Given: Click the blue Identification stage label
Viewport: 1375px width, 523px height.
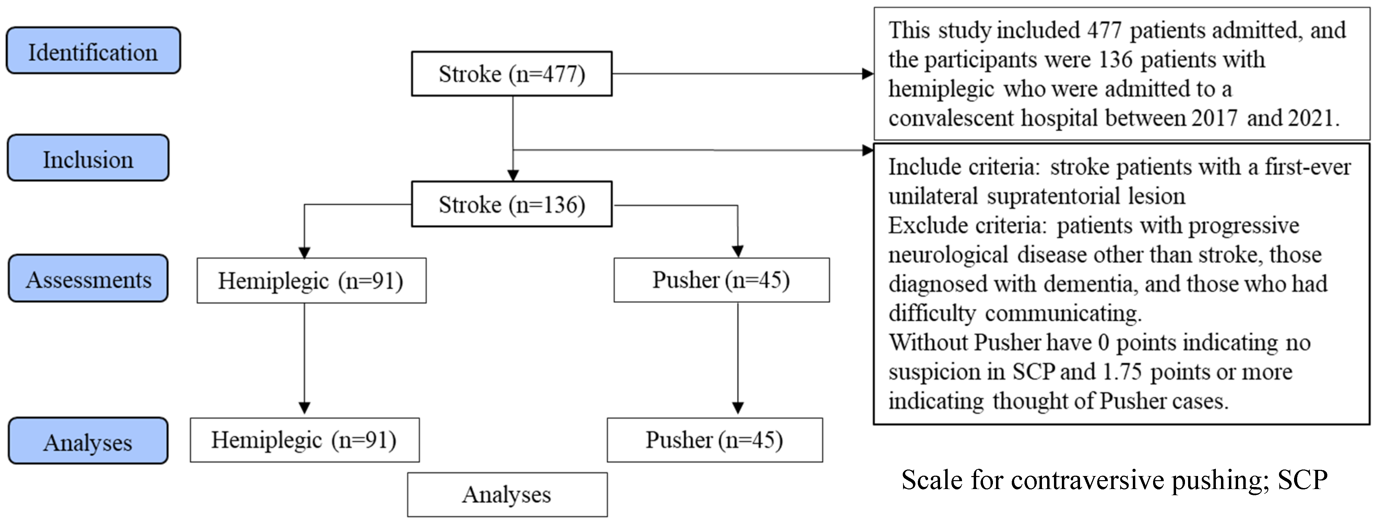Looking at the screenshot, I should [93, 51].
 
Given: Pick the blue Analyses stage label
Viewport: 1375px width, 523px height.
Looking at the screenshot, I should [88, 441].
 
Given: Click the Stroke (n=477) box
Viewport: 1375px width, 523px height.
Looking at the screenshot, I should [511, 74].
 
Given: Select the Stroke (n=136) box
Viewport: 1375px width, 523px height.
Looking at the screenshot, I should [511, 204].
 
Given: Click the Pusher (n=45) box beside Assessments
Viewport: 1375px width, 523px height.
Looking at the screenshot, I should [721, 280].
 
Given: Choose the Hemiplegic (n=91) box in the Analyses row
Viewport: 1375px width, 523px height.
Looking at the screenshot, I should [304, 440].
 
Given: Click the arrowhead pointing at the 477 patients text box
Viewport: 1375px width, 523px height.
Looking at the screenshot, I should [867, 74].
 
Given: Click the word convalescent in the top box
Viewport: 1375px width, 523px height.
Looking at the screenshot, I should [951, 117].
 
